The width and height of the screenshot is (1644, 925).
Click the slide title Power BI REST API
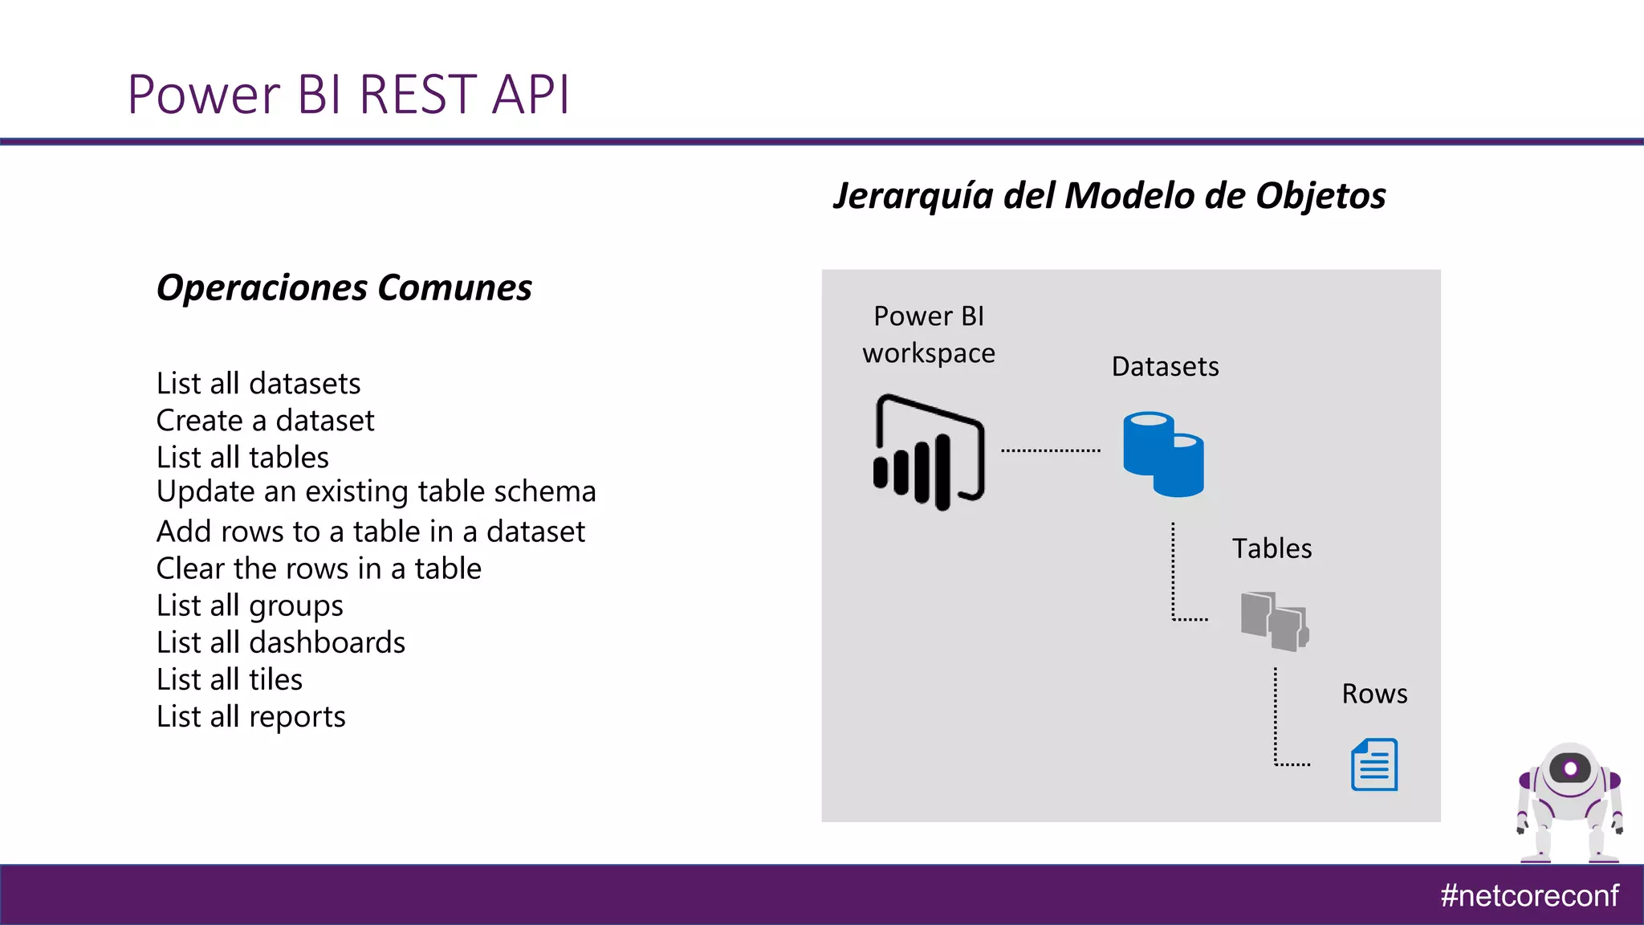(x=348, y=95)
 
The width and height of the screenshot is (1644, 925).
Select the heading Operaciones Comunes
(x=344, y=287)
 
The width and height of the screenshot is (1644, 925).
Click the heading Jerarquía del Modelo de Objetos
(x=1109, y=196)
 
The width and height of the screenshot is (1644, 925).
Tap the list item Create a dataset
(x=265, y=421)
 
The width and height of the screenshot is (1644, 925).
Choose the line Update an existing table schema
(x=376, y=491)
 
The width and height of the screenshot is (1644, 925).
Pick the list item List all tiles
(x=229, y=680)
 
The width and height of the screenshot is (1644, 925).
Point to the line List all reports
(x=250, y=717)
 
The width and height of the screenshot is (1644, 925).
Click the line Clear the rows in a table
(x=319, y=568)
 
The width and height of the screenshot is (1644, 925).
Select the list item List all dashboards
(x=280, y=643)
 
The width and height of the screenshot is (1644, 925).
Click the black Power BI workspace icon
(x=929, y=452)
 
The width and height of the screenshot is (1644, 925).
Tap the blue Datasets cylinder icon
(x=1163, y=454)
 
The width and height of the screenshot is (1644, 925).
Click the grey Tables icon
(x=1275, y=621)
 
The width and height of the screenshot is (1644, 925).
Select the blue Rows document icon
(x=1374, y=764)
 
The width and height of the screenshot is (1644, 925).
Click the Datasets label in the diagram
(x=1165, y=367)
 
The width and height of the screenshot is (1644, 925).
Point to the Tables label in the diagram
(x=1272, y=548)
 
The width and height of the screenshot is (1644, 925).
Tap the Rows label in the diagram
(x=1374, y=694)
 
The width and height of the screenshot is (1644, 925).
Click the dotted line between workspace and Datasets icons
(x=1051, y=450)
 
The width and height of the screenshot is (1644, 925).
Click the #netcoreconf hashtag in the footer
(x=1528, y=895)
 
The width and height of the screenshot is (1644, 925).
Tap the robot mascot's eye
(x=1570, y=768)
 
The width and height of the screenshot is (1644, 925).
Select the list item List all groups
(x=250, y=606)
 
